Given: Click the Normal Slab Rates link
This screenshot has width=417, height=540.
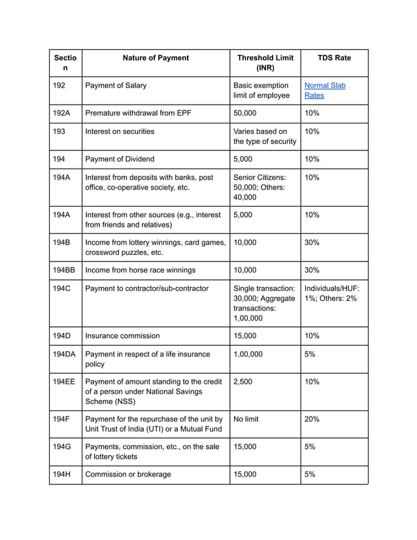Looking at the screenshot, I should pos(325,90).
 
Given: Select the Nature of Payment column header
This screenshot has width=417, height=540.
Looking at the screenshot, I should pos(156,58).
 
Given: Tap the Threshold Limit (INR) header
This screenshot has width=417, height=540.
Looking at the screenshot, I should pos(265,63).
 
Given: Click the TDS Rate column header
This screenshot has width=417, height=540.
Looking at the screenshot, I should pos(334,58).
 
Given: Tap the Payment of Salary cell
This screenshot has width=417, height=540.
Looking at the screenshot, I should pos(116,86).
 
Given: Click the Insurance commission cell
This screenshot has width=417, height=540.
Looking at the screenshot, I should pos(122,336).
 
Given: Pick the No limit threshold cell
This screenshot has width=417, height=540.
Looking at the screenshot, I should pos(246,419).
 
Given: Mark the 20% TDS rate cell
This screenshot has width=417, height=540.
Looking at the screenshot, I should pos(312,419).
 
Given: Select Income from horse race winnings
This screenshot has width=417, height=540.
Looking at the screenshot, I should pos(140,270).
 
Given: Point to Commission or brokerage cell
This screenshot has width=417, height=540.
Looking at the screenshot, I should pos(128,475).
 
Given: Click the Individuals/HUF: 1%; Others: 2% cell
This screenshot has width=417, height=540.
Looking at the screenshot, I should pos(331,293).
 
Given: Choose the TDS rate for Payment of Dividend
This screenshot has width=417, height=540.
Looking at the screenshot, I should pos(312,159).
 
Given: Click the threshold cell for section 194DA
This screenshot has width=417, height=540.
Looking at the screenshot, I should pos(248,354).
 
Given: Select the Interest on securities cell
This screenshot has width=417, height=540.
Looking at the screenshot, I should pos(120,131).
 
